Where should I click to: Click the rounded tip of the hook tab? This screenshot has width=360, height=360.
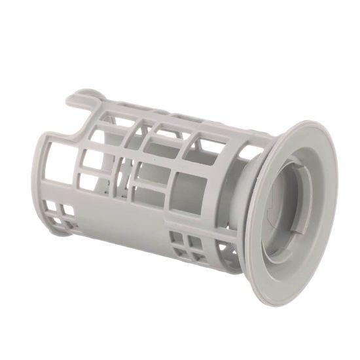[x=71, y=98]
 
